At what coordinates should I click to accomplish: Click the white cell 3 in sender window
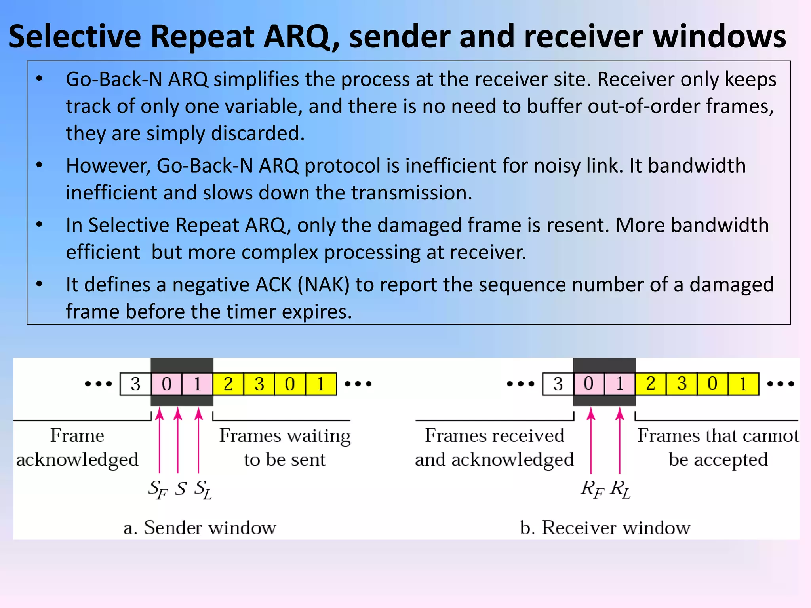click(x=135, y=384)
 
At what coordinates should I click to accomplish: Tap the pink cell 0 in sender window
click(x=167, y=384)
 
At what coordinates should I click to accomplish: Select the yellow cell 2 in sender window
click(x=228, y=384)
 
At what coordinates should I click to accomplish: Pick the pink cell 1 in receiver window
click(x=620, y=384)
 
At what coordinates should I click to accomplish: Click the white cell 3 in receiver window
click(x=558, y=384)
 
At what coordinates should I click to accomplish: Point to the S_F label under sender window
click(x=158, y=489)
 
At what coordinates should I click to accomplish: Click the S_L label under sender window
click(x=203, y=489)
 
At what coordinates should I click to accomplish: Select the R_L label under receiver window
click(x=620, y=489)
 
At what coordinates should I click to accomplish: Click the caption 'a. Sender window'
click(x=200, y=528)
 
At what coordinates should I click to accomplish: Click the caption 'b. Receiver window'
click(x=605, y=528)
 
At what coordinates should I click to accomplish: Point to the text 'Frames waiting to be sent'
click(x=285, y=447)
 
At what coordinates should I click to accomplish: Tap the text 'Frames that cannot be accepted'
click(x=718, y=447)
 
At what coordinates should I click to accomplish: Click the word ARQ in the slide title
click(x=296, y=36)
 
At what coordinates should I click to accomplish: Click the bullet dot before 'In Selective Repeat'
click(x=39, y=225)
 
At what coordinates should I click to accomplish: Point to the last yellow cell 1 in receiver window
click(x=743, y=384)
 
